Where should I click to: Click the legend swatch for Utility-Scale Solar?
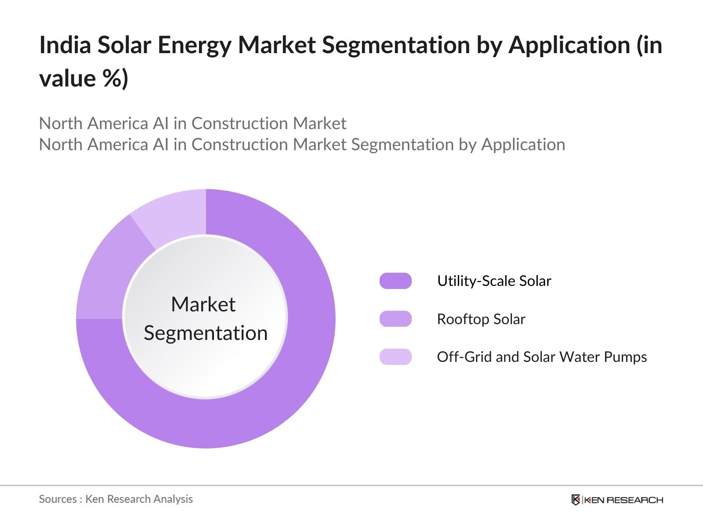[395, 281]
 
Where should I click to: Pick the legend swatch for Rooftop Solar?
[395, 319]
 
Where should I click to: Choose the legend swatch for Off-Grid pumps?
[395, 357]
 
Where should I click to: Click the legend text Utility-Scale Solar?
[494, 281]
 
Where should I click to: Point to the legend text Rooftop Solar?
[481, 319]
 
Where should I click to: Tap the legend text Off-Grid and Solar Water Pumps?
[541, 357]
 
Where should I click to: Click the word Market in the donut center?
[203, 304]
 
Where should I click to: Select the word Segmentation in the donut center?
[206, 333]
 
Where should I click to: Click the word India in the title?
[65, 45]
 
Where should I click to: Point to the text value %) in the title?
[83, 79]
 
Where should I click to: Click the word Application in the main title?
[569, 45]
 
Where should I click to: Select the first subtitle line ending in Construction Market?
[192, 123]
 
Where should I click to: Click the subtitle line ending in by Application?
[302, 144]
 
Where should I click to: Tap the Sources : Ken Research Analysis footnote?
[116, 499]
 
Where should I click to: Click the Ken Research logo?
[617, 500]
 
